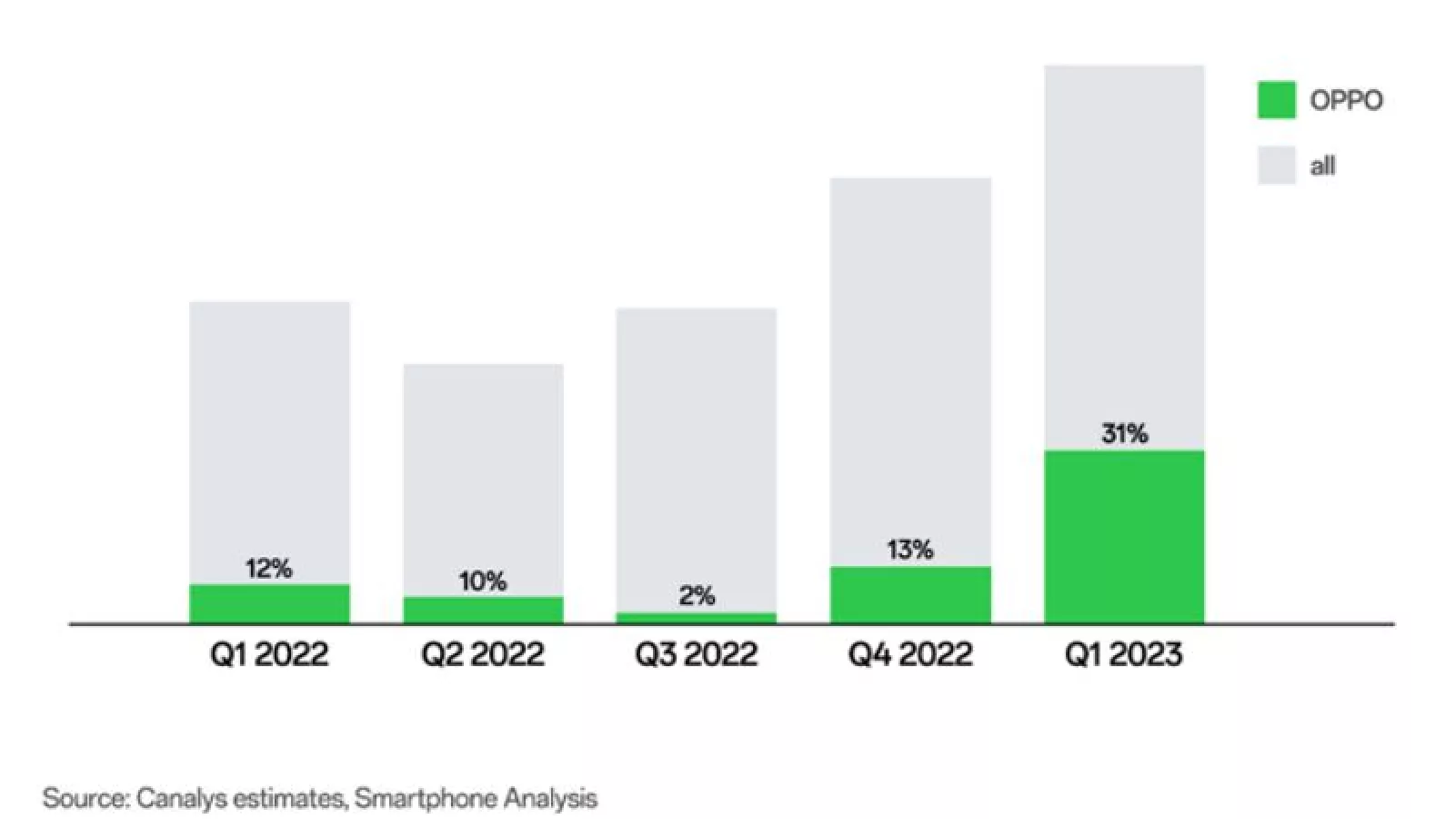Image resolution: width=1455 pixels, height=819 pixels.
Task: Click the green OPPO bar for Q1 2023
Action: [x=1124, y=536]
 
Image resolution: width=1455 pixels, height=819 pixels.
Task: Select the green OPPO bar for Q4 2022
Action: [x=910, y=594]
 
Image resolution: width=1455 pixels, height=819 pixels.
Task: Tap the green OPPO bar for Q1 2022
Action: [x=269, y=603]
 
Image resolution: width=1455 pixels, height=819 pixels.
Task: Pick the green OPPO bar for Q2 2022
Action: [x=483, y=610]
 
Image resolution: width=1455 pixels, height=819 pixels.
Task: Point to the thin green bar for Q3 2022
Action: [x=697, y=618]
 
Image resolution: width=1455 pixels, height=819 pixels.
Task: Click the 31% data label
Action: [x=1125, y=433]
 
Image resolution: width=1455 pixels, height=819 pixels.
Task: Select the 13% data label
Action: [x=910, y=550]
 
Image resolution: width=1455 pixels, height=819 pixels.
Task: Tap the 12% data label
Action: [x=269, y=569]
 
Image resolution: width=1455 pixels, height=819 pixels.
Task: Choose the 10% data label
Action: [x=483, y=581]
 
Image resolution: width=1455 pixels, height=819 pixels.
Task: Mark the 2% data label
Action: [x=697, y=596]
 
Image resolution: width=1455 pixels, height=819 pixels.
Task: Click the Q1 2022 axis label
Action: [x=269, y=654]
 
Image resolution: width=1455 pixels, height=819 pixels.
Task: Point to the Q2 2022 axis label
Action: [x=483, y=654]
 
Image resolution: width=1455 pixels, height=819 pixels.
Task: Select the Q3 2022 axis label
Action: [x=697, y=654]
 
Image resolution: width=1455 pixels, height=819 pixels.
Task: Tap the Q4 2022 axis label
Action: [x=910, y=654]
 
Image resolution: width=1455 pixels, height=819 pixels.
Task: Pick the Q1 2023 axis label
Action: [x=1124, y=654]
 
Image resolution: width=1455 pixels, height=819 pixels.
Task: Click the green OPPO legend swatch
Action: [x=1276, y=100]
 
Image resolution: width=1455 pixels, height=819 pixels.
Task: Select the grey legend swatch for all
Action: [x=1276, y=166]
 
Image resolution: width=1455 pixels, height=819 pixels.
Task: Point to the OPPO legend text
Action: [x=1346, y=100]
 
